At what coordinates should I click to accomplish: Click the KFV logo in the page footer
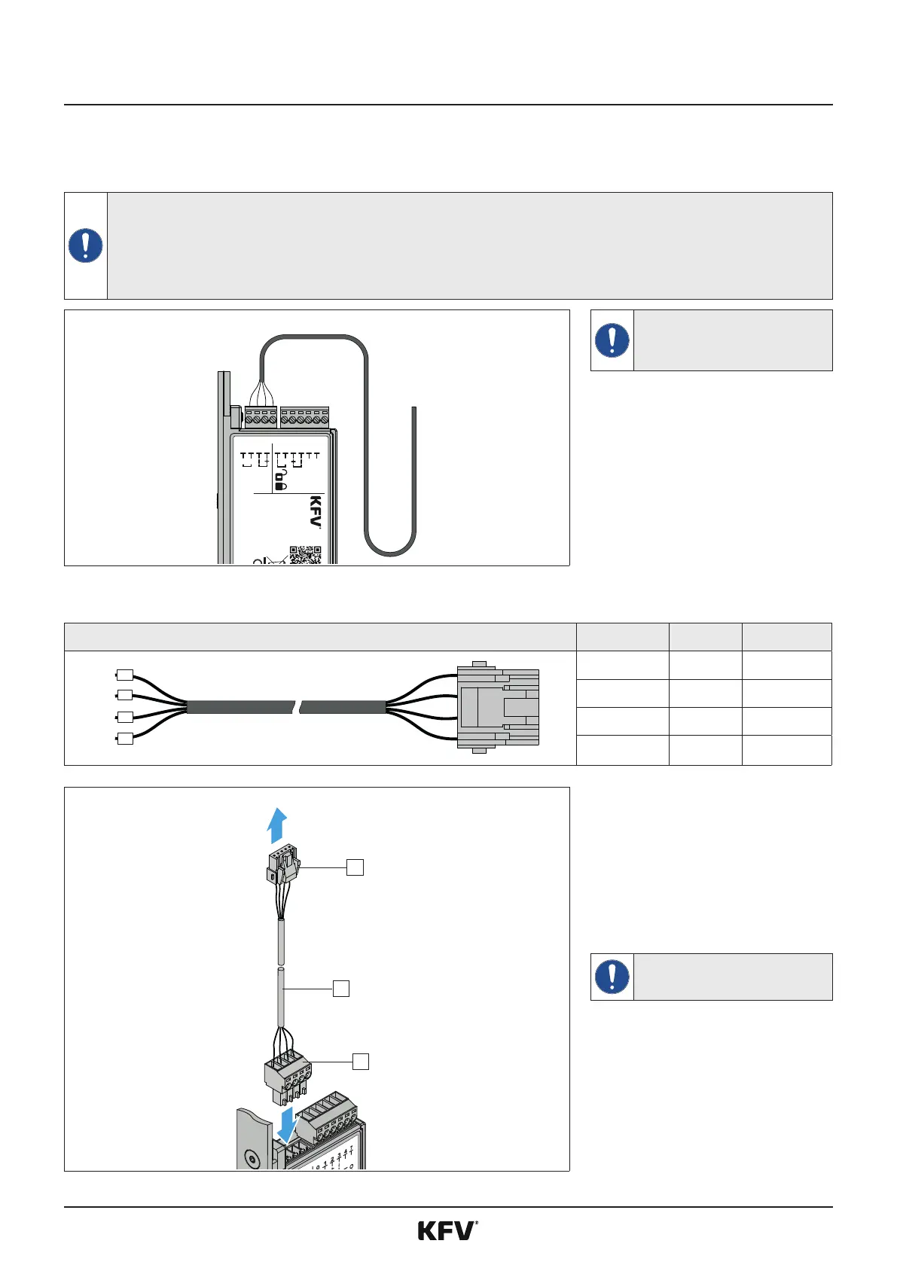coord(447,1231)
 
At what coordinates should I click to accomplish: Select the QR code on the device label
coord(305,555)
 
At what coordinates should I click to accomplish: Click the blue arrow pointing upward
coord(276,825)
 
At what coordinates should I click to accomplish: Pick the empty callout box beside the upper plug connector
coord(355,867)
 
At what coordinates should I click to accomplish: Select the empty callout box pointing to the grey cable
coord(341,989)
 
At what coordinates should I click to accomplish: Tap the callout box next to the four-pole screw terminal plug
coord(361,1061)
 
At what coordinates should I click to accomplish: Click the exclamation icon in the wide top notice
coord(86,245)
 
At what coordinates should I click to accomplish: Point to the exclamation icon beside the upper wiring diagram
coord(612,340)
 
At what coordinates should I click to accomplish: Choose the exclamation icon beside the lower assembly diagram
coord(612,977)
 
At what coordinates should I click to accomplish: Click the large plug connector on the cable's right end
coord(498,707)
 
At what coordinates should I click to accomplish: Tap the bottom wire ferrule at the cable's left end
coord(125,739)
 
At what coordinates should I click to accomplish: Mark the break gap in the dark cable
coord(296,707)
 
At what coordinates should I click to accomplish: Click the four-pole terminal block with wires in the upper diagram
coord(261,416)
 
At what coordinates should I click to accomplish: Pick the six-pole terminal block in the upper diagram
coord(304,416)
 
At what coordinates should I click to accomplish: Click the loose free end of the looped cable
coord(414,411)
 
